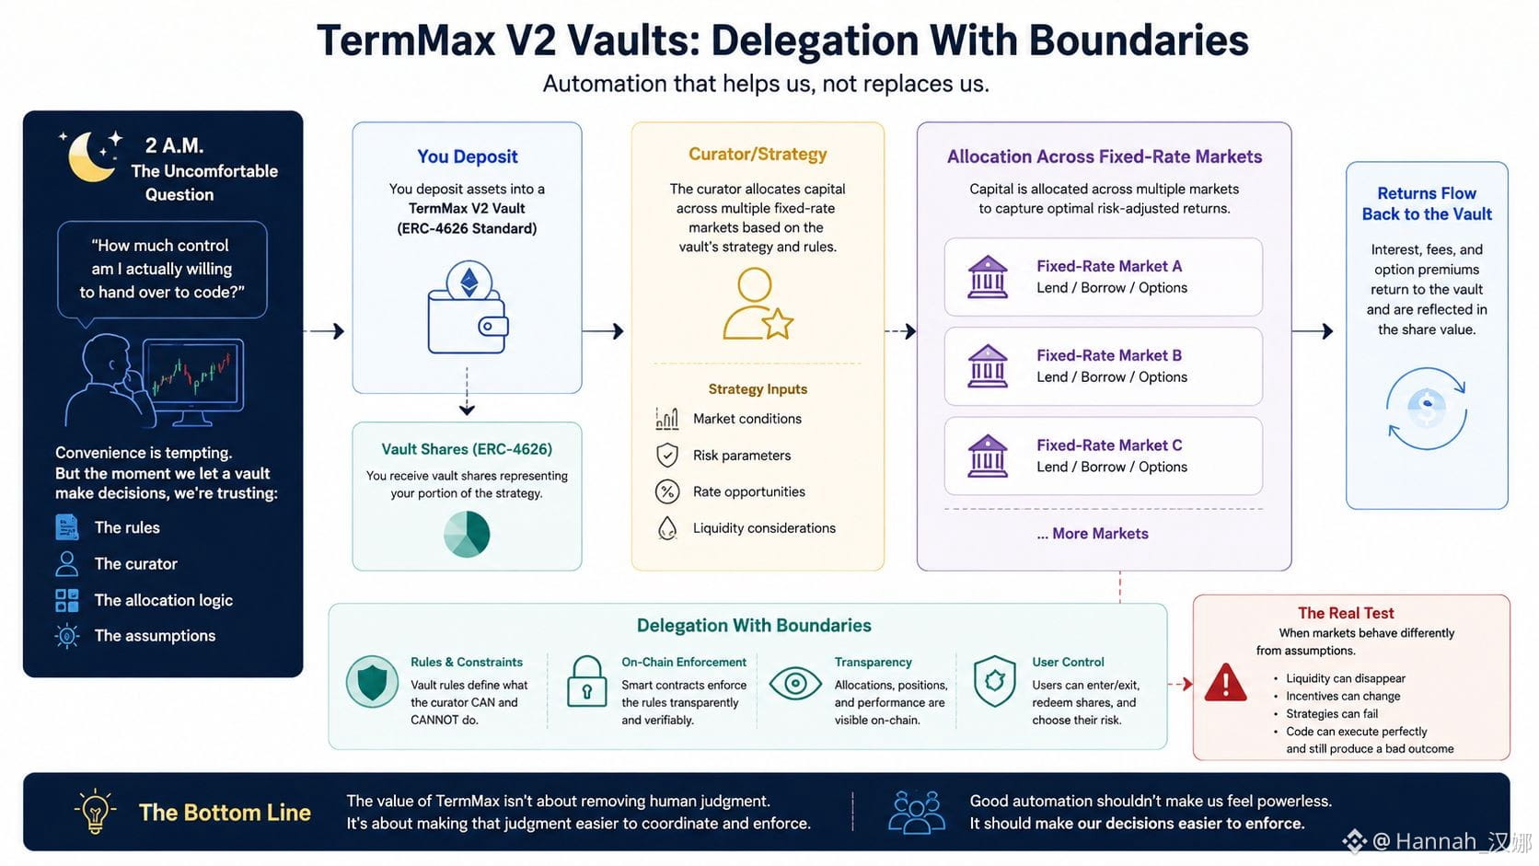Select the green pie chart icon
[467, 534]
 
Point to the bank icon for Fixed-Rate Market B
[988, 366]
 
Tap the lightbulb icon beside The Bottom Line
[95, 811]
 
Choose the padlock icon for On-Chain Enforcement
[586, 681]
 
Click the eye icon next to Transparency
[795, 684]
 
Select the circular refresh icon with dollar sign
[1426, 409]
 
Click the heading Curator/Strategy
[758, 154]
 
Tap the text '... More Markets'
[1093, 534]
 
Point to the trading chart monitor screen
[193, 374]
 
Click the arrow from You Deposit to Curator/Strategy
[603, 331]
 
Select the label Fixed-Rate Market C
[1109, 445]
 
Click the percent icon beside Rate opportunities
[667, 491]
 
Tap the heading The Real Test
[1346, 613]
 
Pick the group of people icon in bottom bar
[916, 812]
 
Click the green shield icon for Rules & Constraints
[372, 682]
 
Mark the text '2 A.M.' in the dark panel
[174, 145]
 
